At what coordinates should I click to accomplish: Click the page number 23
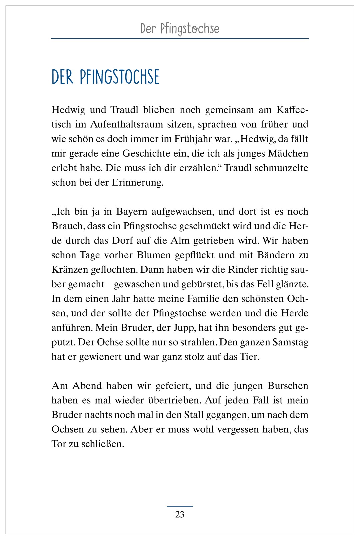(180, 515)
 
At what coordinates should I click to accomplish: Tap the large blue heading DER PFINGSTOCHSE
(105, 77)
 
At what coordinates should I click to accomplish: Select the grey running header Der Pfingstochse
(180, 29)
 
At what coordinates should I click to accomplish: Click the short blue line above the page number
(180, 506)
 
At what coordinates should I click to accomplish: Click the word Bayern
(132, 211)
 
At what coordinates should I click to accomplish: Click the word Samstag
(290, 342)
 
